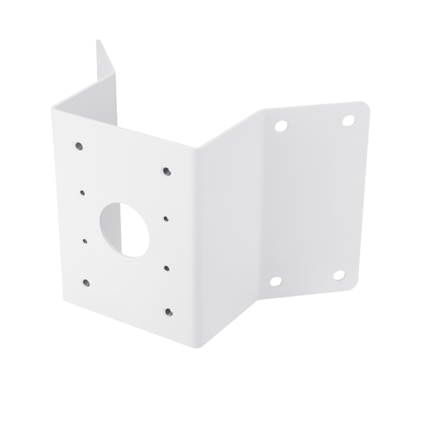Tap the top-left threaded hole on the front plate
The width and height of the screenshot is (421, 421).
pos(79,146)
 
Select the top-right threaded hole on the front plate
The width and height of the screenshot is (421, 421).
pos(167,171)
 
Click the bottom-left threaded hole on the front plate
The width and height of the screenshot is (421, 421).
pos(86,282)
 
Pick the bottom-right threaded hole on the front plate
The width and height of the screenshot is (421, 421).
pos(168,312)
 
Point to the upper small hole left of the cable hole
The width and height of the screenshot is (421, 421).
pos(82,193)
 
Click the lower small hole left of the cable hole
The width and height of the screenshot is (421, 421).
pos(85,241)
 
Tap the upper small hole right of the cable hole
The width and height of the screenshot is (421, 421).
pos(166,218)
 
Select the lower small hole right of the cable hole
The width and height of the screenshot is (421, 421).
pos(167,268)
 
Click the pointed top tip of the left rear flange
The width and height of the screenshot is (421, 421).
pos(98,40)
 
